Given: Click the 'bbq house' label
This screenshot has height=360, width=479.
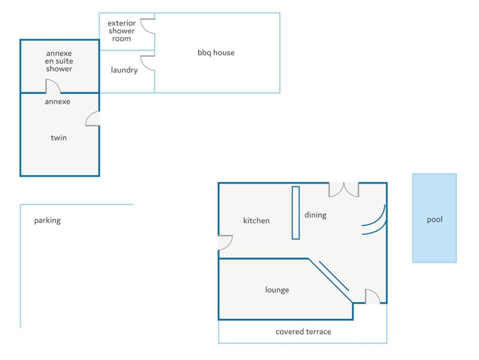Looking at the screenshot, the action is [x=216, y=53].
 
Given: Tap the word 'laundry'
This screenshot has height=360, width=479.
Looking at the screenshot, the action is [x=124, y=70].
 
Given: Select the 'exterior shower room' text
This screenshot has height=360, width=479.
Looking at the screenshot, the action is [x=122, y=31].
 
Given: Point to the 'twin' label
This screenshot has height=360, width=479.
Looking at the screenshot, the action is [x=59, y=138].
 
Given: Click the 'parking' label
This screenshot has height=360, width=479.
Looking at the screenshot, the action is [x=48, y=220].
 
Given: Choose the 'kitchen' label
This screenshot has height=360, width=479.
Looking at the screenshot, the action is [x=256, y=220].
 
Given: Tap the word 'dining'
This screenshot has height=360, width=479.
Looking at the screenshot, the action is [x=315, y=215].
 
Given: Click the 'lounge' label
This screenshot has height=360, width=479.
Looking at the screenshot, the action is [x=277, y=290].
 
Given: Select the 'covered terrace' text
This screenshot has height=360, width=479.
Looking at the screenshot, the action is [x=303, y=332].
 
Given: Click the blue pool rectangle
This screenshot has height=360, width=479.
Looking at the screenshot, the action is [x=434, y=218].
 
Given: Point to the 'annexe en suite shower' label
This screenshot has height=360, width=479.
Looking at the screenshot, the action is [x=59, y=61].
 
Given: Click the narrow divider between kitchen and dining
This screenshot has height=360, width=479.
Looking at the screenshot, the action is [x=296, y=213].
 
